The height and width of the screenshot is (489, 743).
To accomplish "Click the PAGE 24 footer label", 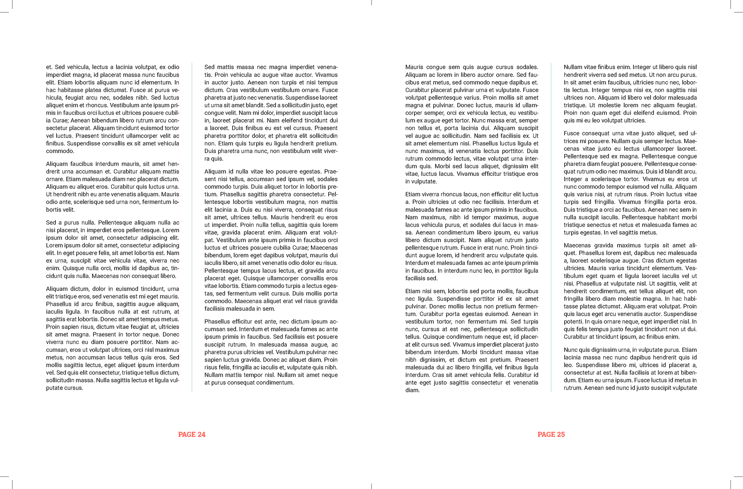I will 192,434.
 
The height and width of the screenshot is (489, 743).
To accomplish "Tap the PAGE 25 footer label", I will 551,434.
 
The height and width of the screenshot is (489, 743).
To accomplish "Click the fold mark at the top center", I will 371,3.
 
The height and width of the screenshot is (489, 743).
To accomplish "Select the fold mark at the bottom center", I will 371,486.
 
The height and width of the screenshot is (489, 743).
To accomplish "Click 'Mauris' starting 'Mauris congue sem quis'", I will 414,67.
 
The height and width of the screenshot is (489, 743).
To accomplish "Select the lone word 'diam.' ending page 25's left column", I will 413,390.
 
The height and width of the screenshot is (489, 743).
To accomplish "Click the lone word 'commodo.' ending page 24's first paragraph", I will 60,151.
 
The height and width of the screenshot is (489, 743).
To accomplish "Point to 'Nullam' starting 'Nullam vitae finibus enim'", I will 573,67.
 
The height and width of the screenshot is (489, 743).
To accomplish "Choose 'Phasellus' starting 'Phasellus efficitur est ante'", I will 217,322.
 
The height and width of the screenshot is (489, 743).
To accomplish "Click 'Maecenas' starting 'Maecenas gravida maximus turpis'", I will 577,245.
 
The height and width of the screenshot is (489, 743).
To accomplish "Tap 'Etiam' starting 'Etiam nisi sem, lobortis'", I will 413,291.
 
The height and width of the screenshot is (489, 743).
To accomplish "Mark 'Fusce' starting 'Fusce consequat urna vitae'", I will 571,133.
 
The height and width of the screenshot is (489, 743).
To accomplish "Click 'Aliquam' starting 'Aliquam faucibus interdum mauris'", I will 56,164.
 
